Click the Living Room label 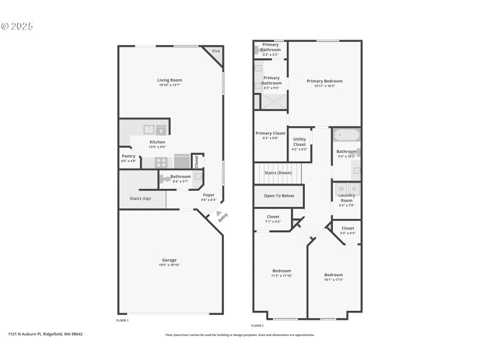(x=170, y=80)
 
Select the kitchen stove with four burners (x=161, y=161)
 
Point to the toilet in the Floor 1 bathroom (x=165, y=178)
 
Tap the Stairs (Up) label (x=140, y=199)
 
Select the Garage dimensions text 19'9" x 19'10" (x=170, y=265)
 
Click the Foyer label (x=208, y=195)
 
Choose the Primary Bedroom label (x=325, y=81)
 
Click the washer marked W (x=341, y=189)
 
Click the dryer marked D (x=354, y=189)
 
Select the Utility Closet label (x=299, y=142)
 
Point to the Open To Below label (x=279, y=196)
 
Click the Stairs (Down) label (x=278, y=173)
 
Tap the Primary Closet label (x=270, y=133)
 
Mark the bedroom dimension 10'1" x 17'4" (x=334, y=280)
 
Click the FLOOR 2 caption (x=257, y=325)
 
